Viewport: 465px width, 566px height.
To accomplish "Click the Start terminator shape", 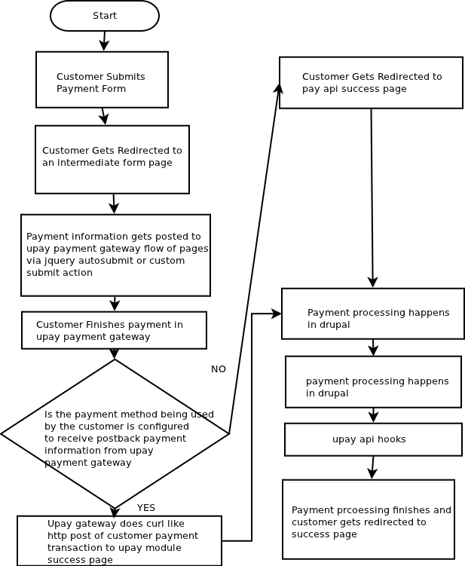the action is tap(105, 16).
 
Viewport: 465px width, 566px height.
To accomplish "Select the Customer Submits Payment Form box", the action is tap(102, 79).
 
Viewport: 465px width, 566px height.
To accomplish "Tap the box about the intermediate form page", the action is tap(112, 160).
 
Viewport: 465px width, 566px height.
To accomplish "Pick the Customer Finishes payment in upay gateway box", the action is tap(114, 330).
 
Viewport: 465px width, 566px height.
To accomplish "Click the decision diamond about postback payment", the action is tap(115, 434).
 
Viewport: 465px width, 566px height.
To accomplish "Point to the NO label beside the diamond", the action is tap(219, 369).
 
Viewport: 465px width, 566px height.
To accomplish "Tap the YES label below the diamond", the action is tap(146, 507).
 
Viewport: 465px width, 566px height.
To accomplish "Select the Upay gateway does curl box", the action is tap(120, 540).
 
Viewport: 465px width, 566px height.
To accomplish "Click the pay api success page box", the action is tap(371, 82).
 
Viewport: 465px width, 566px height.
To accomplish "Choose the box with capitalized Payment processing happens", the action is tap(373, 314).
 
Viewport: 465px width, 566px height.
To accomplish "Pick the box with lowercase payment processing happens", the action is tap(374, 382).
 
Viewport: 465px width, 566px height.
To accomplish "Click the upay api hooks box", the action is tap(373, 439).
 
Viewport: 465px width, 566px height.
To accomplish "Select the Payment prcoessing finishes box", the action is tap(369, 519).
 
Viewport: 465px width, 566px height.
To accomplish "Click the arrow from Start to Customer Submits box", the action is tap(104, 41).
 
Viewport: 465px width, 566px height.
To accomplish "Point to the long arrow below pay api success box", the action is tap(372, 198).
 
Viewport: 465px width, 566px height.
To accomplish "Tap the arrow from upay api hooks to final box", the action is tap(372, 468).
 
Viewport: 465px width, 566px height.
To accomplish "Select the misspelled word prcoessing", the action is tap(363, 510).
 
